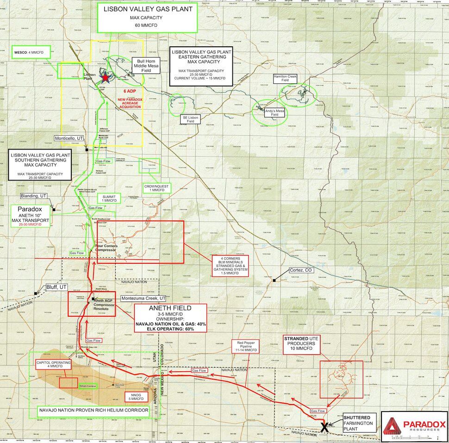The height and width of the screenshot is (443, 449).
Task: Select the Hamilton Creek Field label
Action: tap(285, 78)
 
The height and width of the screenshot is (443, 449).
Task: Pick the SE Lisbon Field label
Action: tap(190, 120)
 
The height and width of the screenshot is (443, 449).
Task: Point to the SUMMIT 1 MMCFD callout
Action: tap(109, 198)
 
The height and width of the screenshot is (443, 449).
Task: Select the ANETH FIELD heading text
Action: tap(169, 308)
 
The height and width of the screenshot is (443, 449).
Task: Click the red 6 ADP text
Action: tap(130, 92)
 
